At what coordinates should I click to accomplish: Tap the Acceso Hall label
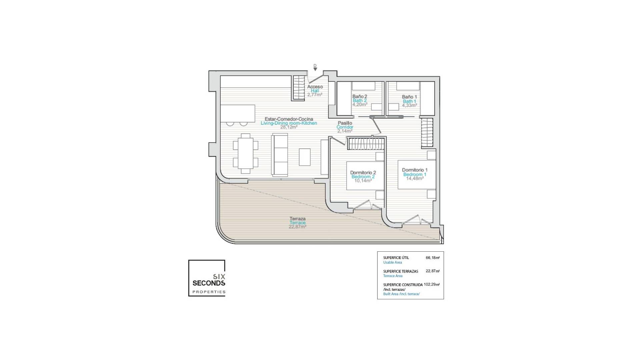click(x=315, y=89)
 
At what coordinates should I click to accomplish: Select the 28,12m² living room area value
click(x=289, y=127)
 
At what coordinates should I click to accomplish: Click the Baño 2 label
click(x=360, y=97)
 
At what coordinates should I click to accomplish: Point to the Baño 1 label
click(x=409, y=97)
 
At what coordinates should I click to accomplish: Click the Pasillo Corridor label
click(x=345, y=125)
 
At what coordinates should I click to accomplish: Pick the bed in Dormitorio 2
click(x=365, y=176)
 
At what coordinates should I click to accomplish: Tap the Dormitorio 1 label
click(x=415, y=170)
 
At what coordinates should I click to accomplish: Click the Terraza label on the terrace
click(x=297, y=219)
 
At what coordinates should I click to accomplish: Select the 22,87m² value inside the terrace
click(x=297, y=227)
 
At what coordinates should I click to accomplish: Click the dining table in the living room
click(x=246, y=153)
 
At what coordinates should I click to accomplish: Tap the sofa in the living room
click(x=280, y=155)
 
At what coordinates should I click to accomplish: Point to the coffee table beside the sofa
click(x=305, y=157)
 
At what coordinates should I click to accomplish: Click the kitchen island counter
click(x=238, y=113)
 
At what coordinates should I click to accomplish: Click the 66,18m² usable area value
click(x=432, y=258)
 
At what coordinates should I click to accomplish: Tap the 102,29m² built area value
click(x=431, y=285)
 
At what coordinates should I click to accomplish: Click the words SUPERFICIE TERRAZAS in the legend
click(x=400, y=271)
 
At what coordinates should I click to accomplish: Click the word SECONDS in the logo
click(x=209, y=283)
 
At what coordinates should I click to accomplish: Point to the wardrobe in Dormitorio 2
click(x=366, y=144)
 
